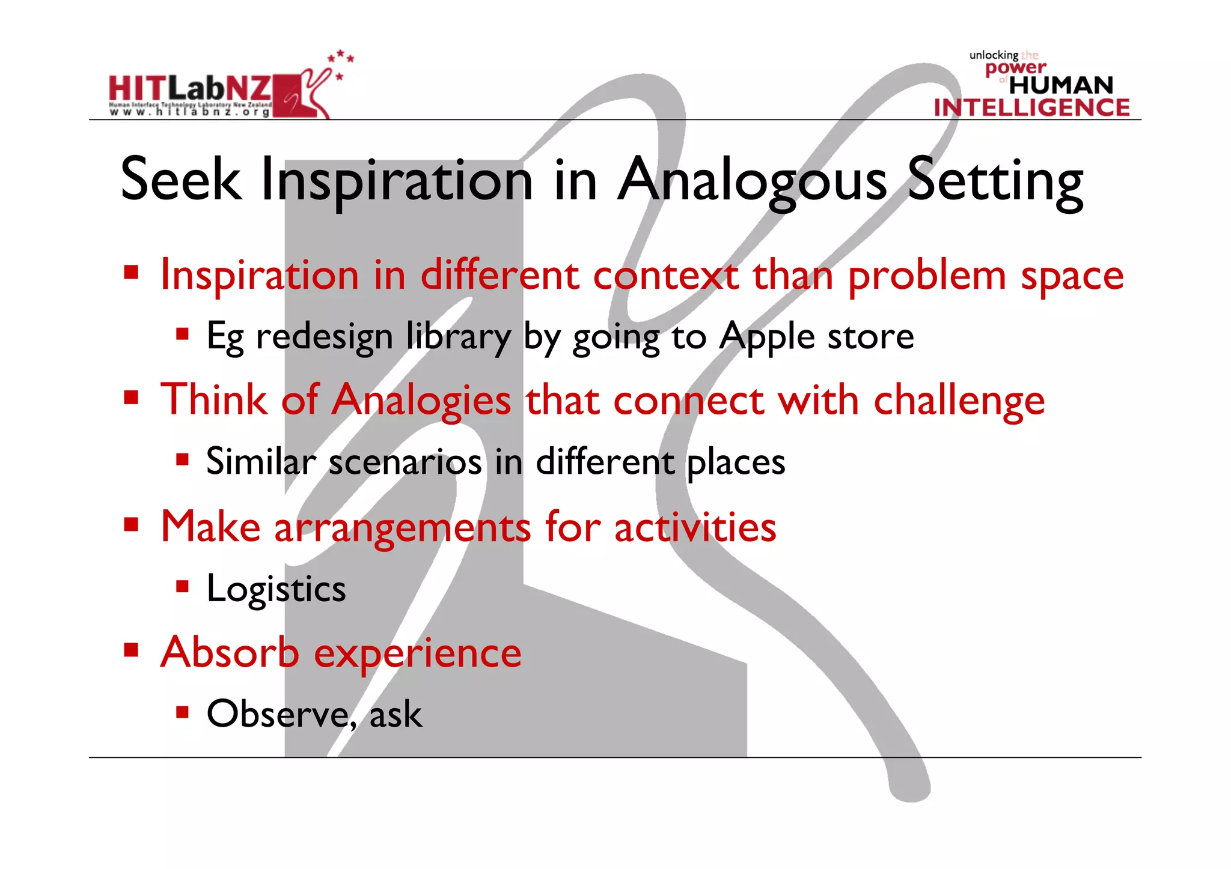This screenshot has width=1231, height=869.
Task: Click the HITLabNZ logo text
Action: (x=189, y=89)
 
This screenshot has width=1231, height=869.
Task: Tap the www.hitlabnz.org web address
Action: (x=189, y=112)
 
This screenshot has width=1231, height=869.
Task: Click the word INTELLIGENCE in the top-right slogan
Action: (x=1031, y=108)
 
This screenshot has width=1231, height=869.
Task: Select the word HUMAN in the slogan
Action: (x=1061, y=85)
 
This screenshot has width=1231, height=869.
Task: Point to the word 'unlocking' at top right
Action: (x=993, y=55)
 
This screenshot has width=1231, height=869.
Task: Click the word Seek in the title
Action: (x=180, y=179)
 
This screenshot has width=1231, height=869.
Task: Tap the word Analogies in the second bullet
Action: (x=422, y=401)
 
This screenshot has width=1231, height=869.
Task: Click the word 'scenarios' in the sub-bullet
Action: (x=405, y=462)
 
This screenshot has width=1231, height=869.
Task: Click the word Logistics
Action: (x=276, y=589)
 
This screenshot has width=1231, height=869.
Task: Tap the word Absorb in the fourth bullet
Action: (x=230, y=652)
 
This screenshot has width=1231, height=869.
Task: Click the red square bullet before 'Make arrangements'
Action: (x=131, y=525)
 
